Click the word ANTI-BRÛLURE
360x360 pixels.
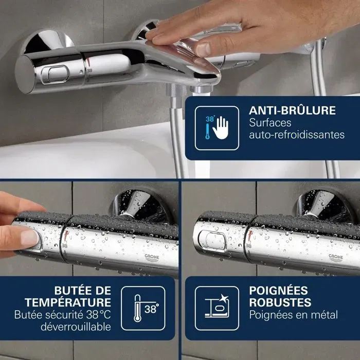[292, 110]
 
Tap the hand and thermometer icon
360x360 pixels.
[217, 128]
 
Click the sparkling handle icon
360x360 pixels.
[217, 308]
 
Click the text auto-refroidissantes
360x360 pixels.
[296, 135]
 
